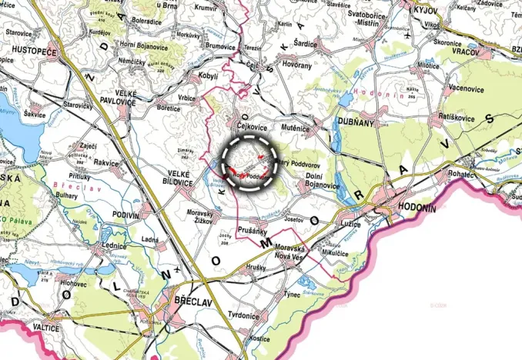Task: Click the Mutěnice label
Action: [295, 120]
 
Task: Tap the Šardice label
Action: [304, 44]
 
